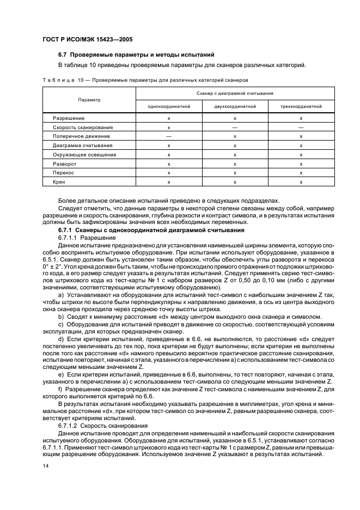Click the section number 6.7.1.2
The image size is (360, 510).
click(x=70, y=424)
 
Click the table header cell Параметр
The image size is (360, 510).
click(x=89, y=100)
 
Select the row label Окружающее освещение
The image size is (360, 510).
click(x=84, y=154)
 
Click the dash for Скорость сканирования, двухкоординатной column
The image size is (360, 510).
click(x=235, y=127)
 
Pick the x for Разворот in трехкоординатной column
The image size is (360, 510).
click(x=301, y=163)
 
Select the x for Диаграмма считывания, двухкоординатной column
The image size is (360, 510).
click(x=235, y=145)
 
